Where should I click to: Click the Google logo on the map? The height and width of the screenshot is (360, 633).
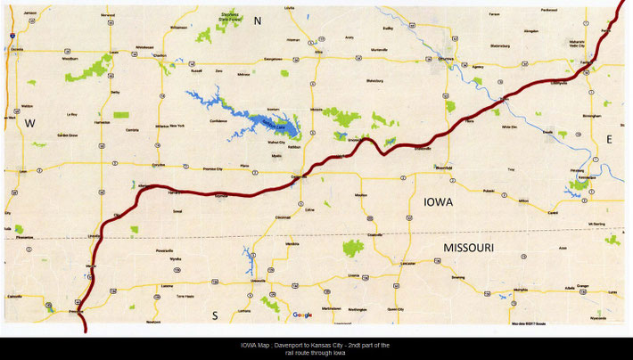(x=302, y=315)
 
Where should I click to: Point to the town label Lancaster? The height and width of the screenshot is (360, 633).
(x=408, y=264)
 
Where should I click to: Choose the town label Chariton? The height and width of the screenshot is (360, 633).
(x=160, y=55)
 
